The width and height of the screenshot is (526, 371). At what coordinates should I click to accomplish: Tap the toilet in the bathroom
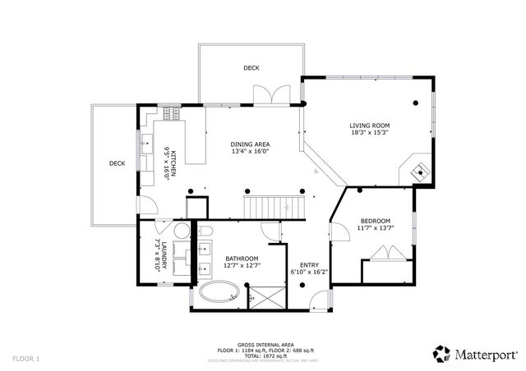pos(205,230)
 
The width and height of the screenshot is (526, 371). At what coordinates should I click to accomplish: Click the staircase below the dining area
pos(268,206)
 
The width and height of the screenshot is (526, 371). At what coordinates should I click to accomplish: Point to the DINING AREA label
pos(249,144)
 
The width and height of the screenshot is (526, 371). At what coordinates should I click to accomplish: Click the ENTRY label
pos(298,264)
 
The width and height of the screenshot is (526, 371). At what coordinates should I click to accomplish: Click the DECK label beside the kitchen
pos(117,163)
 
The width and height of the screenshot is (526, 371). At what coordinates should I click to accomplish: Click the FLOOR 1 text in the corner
pos(25,359)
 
